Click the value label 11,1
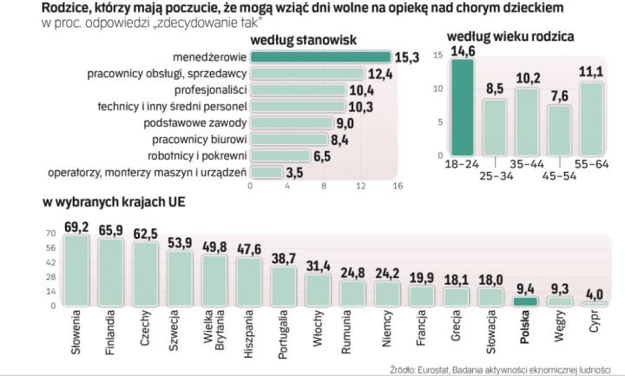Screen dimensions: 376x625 tap(590, 72)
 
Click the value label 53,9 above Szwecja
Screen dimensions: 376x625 tap(181, 243)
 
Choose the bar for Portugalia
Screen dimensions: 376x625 tap(284, 286)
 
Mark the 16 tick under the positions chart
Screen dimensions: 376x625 tap(397, 185)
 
